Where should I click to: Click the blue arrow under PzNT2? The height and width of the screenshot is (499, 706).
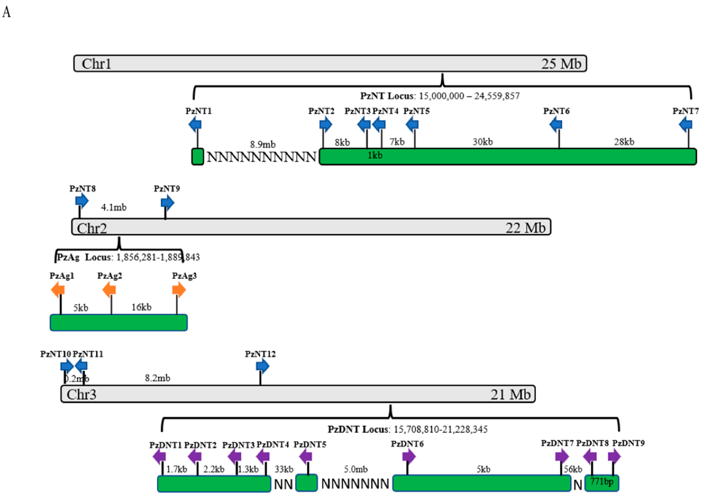coord(326,125)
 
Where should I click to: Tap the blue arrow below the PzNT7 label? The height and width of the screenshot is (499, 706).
coord(686,125)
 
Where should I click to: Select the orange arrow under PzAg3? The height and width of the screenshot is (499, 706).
coord(179,290)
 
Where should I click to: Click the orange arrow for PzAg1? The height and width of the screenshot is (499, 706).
coord(58,290)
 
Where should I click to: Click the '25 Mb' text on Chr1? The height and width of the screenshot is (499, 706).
coord(561,64)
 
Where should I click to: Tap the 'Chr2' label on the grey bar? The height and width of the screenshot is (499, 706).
coord(92,228)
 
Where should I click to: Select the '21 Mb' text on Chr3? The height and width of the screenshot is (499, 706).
coord(511,395)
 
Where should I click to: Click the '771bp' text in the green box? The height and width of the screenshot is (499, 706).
coord(602,482)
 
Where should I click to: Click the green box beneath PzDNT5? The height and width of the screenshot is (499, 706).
coord(306,483)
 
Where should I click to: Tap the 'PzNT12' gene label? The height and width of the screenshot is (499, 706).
coord(260,354)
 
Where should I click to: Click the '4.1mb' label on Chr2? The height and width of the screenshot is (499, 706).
coord(114,207)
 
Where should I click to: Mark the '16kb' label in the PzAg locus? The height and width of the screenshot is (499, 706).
coord(141,307)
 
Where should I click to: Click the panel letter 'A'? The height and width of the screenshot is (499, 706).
coord(6,12)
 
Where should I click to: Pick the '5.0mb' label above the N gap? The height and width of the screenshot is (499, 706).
coord(356,469)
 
